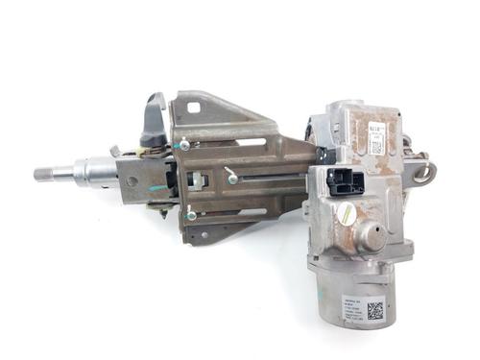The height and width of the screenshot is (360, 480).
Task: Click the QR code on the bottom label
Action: pyautogui.click(x=373, y=310)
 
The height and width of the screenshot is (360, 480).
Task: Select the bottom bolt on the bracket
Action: pyautogui.click(x=191, y=214)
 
